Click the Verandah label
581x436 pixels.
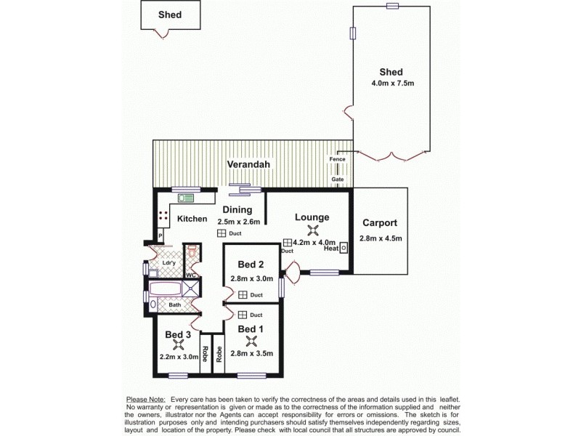249,165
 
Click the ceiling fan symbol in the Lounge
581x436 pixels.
313,230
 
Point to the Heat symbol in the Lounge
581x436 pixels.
344,248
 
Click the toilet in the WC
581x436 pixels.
192,251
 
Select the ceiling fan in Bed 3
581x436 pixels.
178,346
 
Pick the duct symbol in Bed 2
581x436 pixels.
243,295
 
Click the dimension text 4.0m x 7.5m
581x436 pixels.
391,84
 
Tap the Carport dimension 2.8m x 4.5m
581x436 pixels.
381,238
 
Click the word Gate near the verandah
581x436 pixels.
338,179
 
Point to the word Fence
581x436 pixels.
337,159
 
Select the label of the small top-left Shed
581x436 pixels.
170,15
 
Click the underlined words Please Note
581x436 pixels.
145,400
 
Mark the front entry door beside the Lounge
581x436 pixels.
292,274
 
